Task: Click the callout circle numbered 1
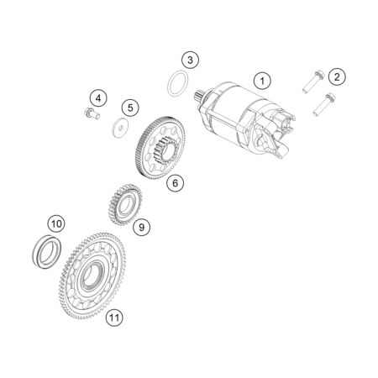262,81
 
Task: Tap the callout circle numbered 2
337,76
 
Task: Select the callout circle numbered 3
190,60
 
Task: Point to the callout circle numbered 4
98,98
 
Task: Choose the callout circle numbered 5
130,108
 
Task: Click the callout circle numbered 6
175,183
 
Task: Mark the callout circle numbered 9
141,227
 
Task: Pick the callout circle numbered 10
56,223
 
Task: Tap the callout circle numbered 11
114,318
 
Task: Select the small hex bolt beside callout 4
92,113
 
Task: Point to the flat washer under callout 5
120,128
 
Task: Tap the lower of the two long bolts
324,104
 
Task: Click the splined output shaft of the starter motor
199,95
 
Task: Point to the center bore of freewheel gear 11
90,275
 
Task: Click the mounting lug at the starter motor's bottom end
281,151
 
